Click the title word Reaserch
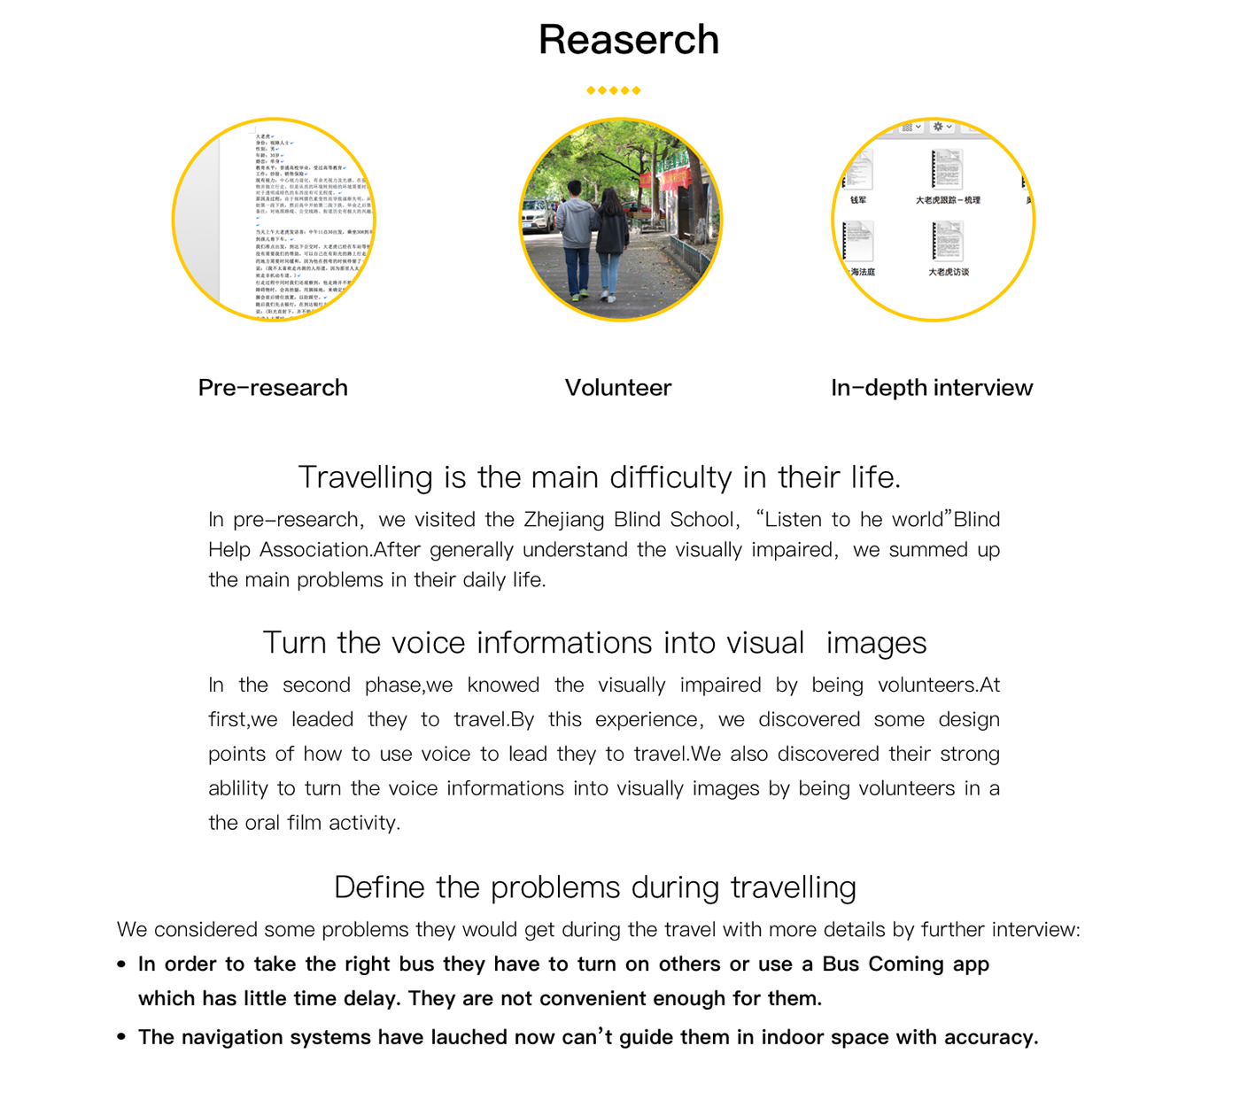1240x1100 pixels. [x=628, y=40]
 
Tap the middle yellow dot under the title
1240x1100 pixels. [x=613, y=90]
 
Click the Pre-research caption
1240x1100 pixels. [x=273, y=388]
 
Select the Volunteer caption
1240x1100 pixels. [x=618, y=388]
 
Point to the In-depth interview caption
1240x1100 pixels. [x=932, y=388]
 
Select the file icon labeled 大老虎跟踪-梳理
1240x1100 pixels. [x=946, y=169]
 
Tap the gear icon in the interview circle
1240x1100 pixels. [x=939, y=128]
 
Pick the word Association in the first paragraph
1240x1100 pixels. [x=315, y=550]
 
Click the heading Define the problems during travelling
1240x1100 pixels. [x=595, y=887]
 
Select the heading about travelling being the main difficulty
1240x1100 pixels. [x=600, y=477]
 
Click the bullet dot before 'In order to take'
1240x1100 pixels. [x=121, y=964]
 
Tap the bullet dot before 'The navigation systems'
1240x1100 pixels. [x=121, y=1038]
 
